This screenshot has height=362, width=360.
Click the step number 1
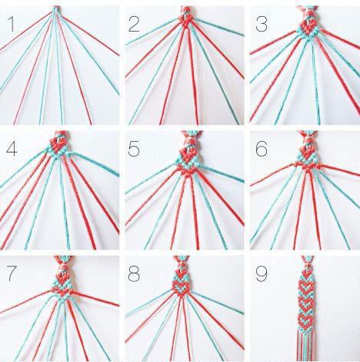(11, 24)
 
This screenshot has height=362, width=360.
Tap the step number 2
(134, 24)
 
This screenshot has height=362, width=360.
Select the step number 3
(262, 24)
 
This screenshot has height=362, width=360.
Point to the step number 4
(12, 149)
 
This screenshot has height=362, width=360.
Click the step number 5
(134, 149)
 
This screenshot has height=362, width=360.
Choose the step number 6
(262, 149)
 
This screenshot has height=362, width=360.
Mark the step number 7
(12, 273)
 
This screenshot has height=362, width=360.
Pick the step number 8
(134, 273)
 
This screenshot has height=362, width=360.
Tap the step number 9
(262, 273)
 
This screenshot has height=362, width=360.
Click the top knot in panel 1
(55, 9)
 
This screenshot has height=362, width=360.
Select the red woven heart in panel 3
(308, 27)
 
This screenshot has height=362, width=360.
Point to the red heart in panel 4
(58, 144)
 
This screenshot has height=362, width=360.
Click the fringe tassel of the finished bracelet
(306, 345)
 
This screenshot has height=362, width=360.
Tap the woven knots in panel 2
(187, 19)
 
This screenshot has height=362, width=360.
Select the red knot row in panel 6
(308, 166)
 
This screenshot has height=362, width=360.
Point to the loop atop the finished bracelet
(308, 260)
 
